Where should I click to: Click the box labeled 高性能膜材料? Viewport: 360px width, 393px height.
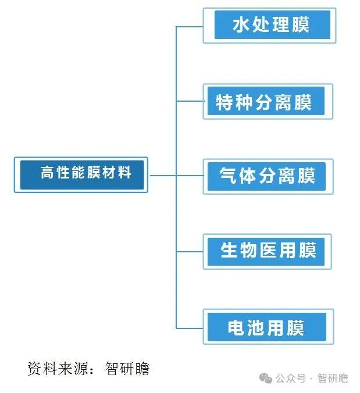(81, 174)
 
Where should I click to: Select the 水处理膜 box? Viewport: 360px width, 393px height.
(270, 25)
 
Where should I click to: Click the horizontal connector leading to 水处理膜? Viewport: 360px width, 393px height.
(190, 26)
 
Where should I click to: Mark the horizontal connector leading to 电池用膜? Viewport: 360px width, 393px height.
(190, 328)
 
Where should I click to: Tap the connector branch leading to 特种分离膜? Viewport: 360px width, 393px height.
(190, 101)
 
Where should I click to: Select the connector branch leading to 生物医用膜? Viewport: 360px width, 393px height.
(190, 252)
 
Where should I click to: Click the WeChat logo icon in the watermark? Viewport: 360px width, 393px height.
(266, 378)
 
